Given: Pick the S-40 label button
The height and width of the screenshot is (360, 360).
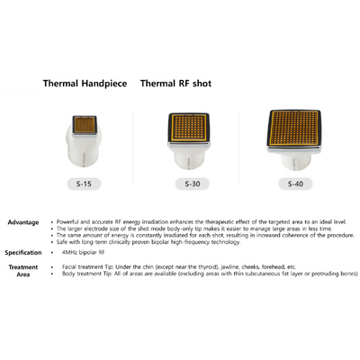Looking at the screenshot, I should click(x=295, y=184).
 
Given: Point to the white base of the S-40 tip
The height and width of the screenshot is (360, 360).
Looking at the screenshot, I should click(x=295, y=162).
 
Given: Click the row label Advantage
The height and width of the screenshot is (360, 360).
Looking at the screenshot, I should click(x=23, y=221).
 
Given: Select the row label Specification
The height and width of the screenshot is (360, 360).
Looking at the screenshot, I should click(x=23, y=253).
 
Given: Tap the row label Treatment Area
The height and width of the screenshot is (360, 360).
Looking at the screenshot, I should click(x=23, y=271).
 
